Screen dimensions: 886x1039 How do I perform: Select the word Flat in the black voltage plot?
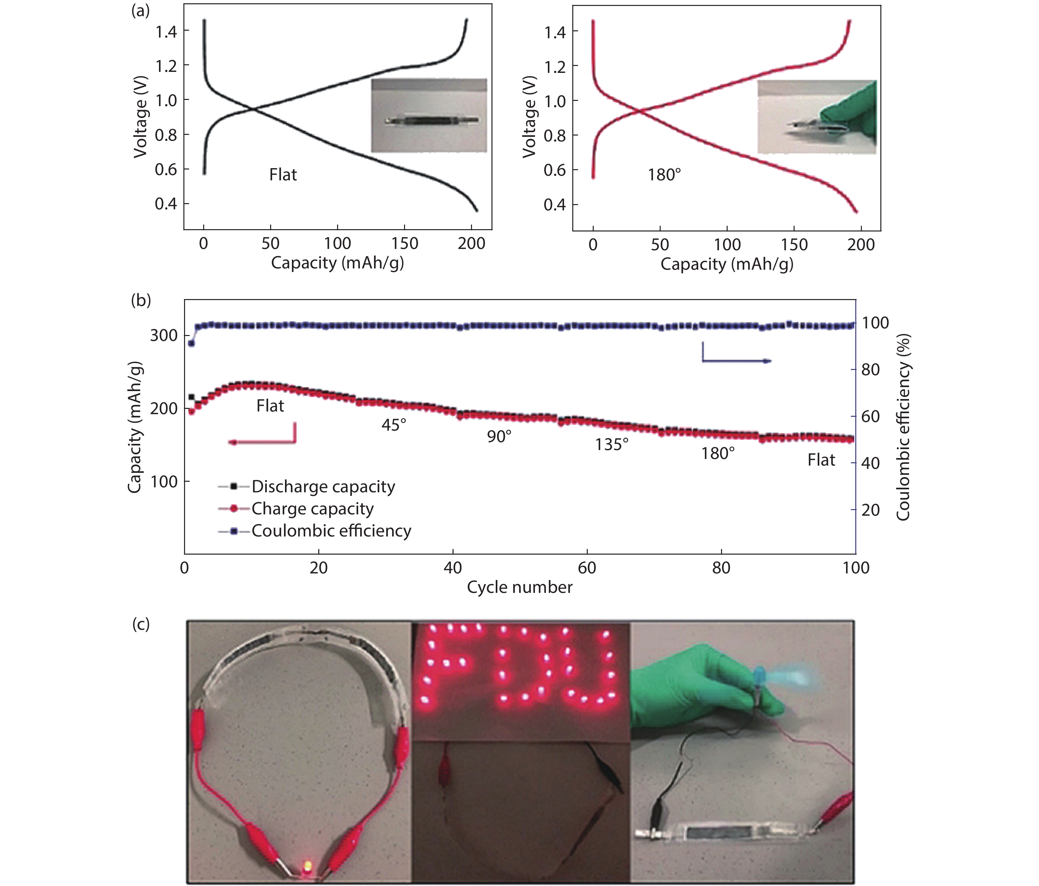(283, 175)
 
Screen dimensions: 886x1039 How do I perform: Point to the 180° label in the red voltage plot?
(664, 175)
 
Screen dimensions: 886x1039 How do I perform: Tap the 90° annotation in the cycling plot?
(499, 437)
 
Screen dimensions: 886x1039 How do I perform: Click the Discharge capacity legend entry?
(323, 486)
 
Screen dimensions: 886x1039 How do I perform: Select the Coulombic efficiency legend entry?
(331, 531)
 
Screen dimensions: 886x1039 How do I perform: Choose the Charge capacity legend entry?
(312, 508)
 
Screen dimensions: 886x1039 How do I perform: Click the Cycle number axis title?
(519, 587)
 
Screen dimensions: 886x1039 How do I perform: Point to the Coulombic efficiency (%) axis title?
(903, 428)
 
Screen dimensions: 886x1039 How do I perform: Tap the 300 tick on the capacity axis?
(164, 335)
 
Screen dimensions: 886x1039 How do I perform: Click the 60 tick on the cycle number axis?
(587, 568)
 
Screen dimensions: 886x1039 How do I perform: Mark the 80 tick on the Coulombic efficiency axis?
(870, 370)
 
